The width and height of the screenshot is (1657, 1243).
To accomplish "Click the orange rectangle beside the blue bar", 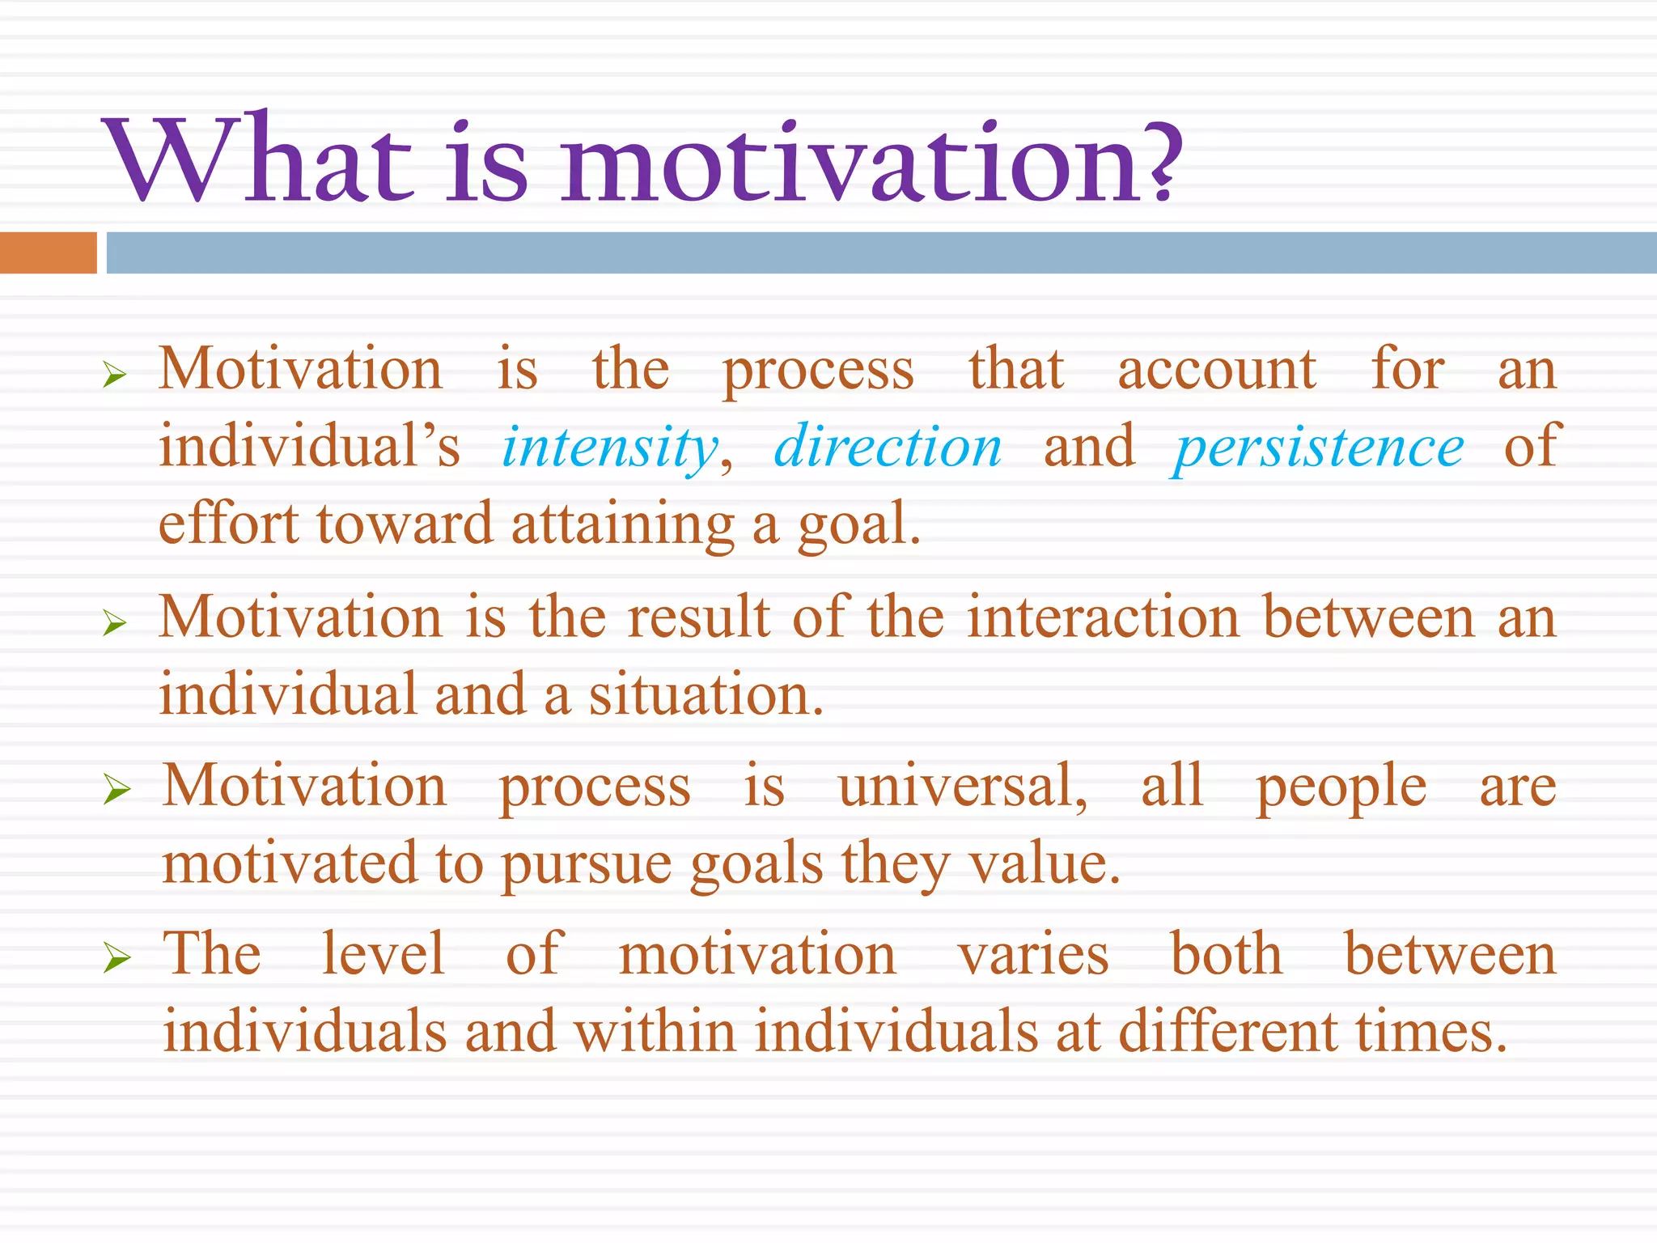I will [48, 252].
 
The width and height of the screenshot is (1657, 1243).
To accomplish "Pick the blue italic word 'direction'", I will [888, 447].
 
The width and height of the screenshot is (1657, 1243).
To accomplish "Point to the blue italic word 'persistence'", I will [1317, 448].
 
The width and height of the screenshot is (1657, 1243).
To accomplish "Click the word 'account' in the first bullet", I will [1216, 371].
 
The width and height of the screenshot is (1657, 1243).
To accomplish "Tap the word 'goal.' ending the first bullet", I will [859, 526].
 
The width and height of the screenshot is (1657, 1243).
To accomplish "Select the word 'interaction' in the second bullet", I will [1103, 617].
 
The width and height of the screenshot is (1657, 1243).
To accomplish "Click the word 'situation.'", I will [706, 695].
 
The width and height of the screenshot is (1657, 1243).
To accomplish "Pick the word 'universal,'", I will [963, 786].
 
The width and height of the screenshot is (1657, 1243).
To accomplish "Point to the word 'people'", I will [1341, 787].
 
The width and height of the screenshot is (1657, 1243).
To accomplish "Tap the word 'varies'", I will [1033, 955].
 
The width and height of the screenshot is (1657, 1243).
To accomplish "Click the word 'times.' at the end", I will [1432, 1033].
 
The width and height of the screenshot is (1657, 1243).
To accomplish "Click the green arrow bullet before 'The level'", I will [117, 959].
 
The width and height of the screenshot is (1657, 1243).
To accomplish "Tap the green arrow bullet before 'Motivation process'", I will [117, 790].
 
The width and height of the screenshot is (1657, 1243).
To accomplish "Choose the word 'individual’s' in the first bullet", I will [309, 448].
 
